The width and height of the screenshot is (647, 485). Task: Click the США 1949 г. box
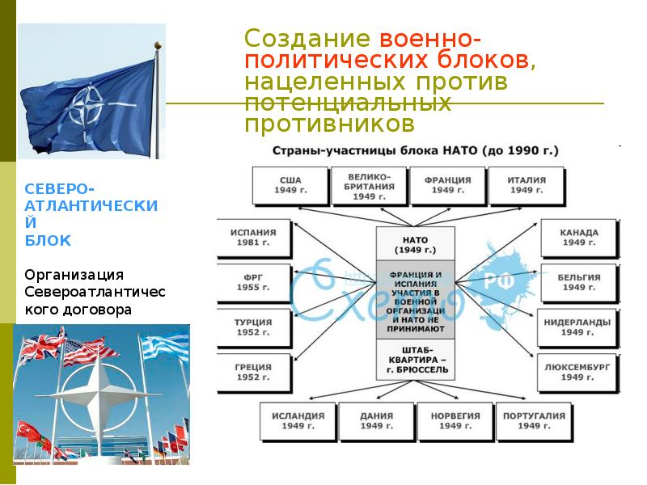click(x=290, y=185)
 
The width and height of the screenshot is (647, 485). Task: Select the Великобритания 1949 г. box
click(x=369, y=185)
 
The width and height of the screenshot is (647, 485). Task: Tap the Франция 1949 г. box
click(x=447, y=185)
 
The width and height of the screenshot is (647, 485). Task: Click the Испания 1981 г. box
click(x=253, y=237)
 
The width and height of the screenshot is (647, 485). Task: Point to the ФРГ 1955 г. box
click(x=253, y=282)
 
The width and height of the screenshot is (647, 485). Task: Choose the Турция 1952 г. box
click(x=253, y=327)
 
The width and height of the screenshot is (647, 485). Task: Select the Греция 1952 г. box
click(x=253, y=372)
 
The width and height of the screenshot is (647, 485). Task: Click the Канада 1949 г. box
click(x=579, y=237)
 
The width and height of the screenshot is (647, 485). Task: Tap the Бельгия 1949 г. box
click(x=579, y=282)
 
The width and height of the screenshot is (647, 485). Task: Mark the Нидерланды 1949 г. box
click(x=579, y=327)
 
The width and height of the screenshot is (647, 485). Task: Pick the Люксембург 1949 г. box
click(x=579, y=372)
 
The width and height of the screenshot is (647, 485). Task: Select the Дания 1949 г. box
click(x=376, y=420)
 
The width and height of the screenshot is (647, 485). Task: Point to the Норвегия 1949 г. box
click(x=455, y=420)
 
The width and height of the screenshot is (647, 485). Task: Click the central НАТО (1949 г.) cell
click(x=416, y=244)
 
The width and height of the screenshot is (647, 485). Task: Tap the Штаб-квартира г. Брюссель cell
click(x=416, y=360)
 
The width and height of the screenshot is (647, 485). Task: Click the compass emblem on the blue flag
click(x=86, y=105)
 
